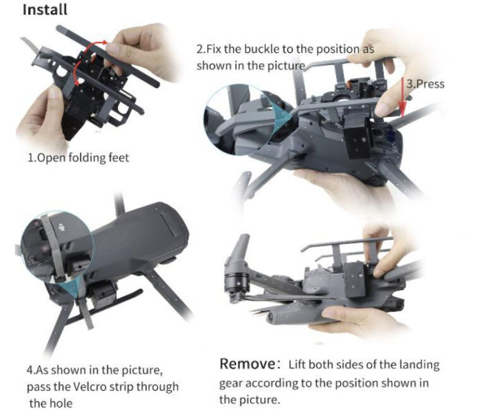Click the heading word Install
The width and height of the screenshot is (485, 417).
click(x=45, y=9)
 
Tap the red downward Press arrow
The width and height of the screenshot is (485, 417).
click(x=402, y=99)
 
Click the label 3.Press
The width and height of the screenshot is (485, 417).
click(x=425, y=84)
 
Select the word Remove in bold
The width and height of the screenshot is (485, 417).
click(x=247, y=364)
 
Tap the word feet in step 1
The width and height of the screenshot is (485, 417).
click(x=119, y=158)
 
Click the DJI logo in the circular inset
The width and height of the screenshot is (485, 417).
click(x=63, y=227)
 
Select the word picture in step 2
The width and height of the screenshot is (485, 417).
click(x=286, y=66)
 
